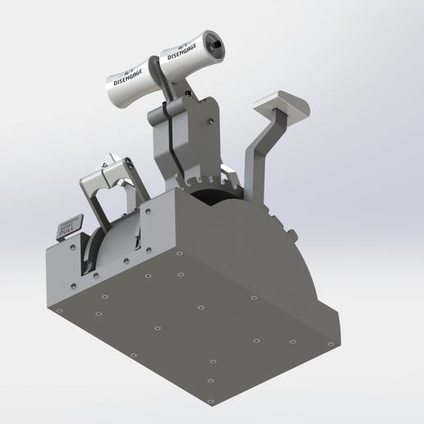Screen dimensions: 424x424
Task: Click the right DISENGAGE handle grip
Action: point(191,52)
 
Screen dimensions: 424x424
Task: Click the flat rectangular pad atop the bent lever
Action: point(280,105)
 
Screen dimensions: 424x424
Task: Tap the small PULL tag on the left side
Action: point(71,226)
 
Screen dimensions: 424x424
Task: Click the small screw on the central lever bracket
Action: point(212,122)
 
